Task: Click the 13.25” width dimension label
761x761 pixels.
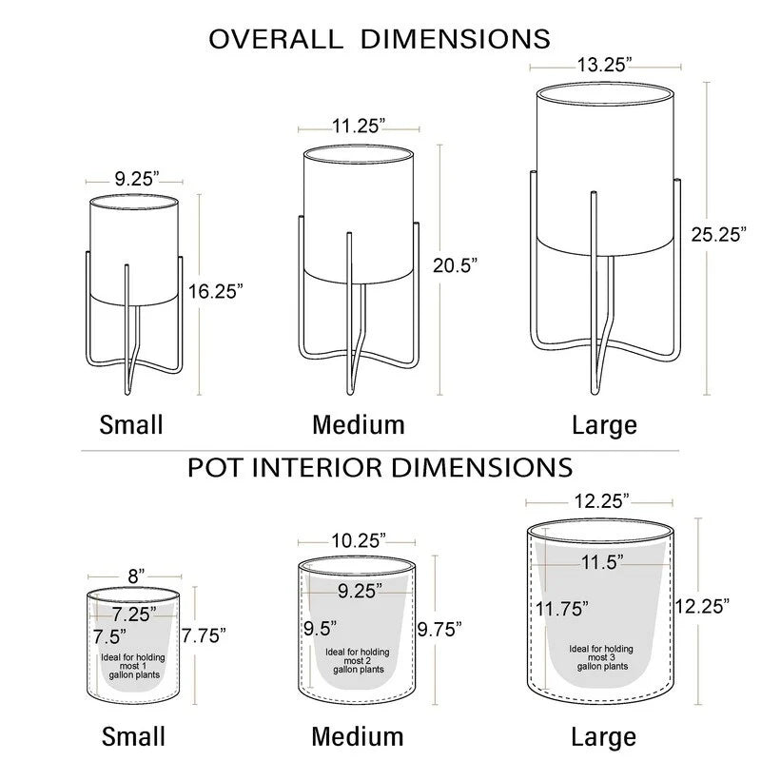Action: (604, 65)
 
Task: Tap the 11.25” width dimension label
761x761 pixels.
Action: (359, 127)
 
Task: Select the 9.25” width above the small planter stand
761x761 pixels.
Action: (137, 179)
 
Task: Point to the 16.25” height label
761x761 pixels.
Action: (216, 291)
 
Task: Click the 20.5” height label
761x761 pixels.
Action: (455, 265)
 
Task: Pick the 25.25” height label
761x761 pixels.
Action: (719, 234)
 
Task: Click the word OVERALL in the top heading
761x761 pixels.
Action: (276, 39)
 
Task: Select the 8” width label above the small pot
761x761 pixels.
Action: (136, 576)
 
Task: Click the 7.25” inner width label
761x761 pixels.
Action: (134, 615)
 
